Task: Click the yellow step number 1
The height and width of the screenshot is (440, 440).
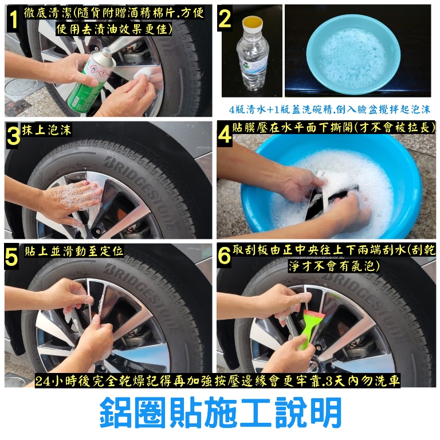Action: (13, 19)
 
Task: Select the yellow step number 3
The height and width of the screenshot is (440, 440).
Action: (13, 136)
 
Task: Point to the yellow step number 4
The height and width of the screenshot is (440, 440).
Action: (225, 135)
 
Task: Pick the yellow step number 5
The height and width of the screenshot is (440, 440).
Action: (11, 257)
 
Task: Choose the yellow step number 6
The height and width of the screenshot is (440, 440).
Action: (224, 255)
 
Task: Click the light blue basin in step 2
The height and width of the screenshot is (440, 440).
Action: (353, 54)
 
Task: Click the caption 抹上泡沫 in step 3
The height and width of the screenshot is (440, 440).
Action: (46, 129)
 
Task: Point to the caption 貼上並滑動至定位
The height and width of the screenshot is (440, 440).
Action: (74, 251)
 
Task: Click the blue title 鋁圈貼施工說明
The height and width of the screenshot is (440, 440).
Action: (221, 412)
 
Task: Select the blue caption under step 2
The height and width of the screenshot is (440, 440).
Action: (329, 109)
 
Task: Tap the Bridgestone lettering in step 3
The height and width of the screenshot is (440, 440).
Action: (140, 191)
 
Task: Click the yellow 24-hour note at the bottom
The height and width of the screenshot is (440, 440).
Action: (218, 381)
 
